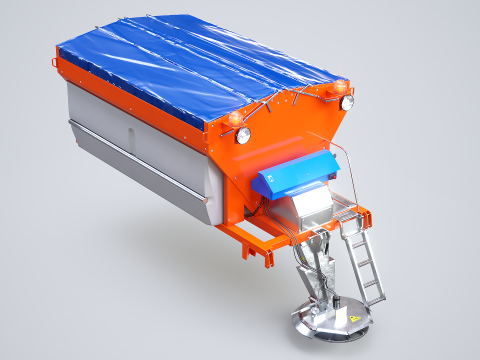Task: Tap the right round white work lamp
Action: pyautogui.click(x=348, y=102)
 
